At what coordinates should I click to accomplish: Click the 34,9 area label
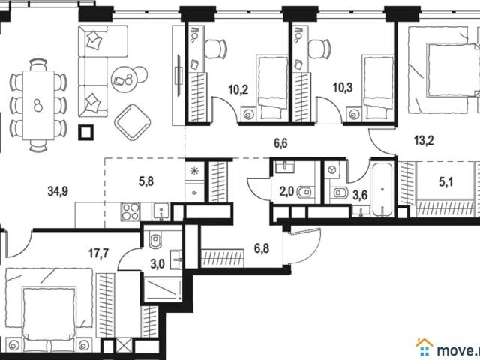coord(58,191)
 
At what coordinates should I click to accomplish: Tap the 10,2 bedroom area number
coord(238,90)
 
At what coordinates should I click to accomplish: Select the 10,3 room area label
coord(343,88)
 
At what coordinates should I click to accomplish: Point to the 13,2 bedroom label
coord(424,141)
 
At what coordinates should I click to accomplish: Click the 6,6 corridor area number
coord(280,143)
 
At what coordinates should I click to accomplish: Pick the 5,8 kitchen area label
coord(146,181)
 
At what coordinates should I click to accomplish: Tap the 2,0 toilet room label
coord(286,192)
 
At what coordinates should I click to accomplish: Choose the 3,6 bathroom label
coord(360,195)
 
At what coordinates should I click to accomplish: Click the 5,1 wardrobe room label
coord(446,182)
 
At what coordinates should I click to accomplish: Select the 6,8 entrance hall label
coord(262,248)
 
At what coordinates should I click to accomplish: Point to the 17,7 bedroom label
coord(98,253)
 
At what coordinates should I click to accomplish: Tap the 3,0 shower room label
coord(157,263)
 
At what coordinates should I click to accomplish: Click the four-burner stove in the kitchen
coord(130,211)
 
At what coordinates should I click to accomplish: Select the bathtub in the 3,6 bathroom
coord(382,189)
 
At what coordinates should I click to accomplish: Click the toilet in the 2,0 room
coord(304,192)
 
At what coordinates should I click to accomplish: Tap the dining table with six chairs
coord(38,105)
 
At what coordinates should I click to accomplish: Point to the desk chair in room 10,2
coord(215,49)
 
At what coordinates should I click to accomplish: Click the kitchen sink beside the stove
coord(161,211)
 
